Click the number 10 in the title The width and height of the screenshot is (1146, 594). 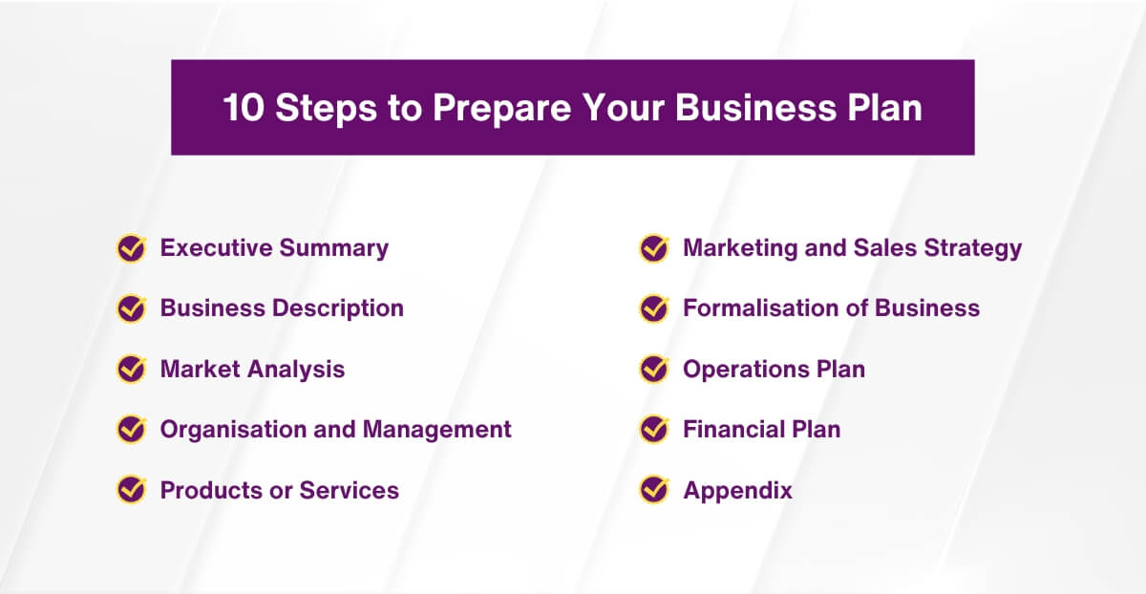point(244,108)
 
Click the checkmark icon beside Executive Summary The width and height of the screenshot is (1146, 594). point(131,248)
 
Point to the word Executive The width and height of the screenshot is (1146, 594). point(216,248)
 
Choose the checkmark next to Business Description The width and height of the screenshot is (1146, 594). point(131,308)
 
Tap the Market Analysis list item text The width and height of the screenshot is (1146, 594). point(252,369)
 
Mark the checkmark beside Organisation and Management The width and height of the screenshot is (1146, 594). point(131,430)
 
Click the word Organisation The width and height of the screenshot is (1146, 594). point(233,430)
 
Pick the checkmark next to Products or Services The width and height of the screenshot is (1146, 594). point(131,491)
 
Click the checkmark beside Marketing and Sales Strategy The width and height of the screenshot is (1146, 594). point(654,248)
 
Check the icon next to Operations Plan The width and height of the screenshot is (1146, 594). point(654,369)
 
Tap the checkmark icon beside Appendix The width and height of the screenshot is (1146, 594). point(654,491)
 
